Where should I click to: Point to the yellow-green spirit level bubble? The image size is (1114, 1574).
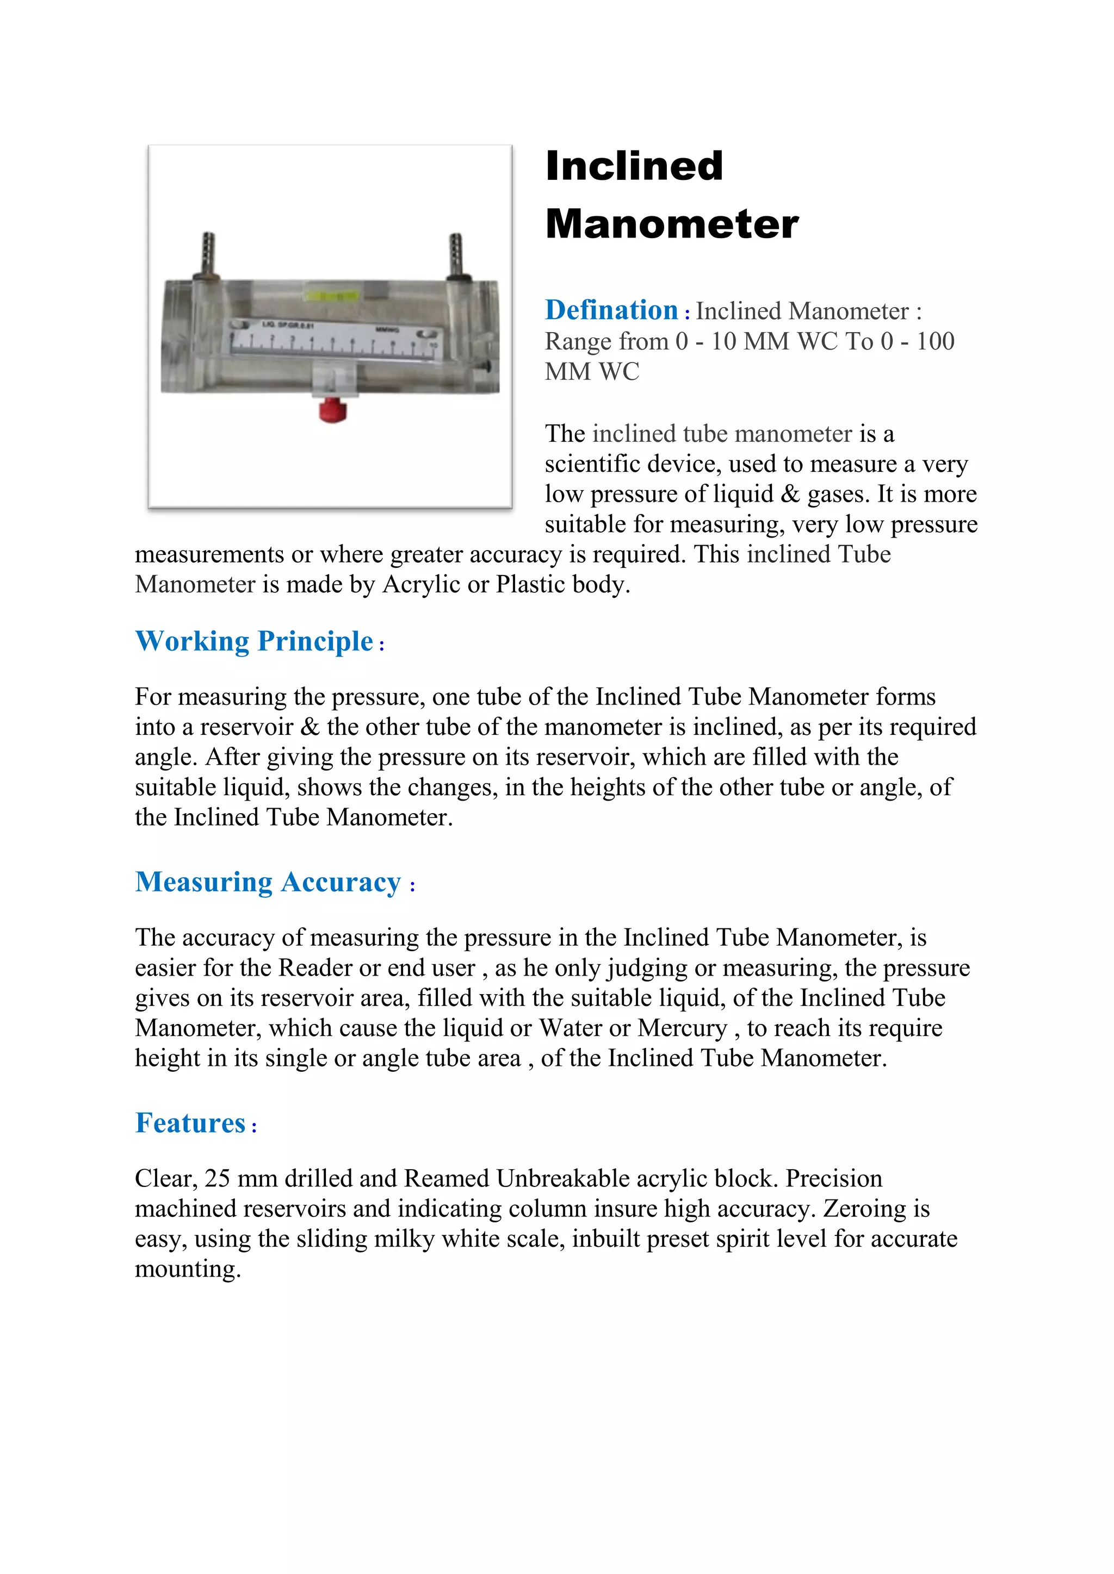pyautogui.click(x=331, y=296)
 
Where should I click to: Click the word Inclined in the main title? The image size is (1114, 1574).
pyautogui.click(x=634, y=167)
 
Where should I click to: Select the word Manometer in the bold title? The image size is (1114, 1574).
pyautogui.click(x=672, y=224)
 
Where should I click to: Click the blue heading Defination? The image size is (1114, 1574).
pyautogui.click(x=611, y=310)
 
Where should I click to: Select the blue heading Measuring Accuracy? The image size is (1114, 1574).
pyautogui.click(x=268, y=882)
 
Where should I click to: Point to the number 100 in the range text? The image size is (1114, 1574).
pyautogui.click(x=936, y=341)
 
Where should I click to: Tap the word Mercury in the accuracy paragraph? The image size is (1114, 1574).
pyautogui.click(x=682, y=1028)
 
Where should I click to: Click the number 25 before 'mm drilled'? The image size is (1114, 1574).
pyautogui.click(x=217, y=1178)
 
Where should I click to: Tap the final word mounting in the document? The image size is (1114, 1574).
pyautogui.click(x=187, y=1269)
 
